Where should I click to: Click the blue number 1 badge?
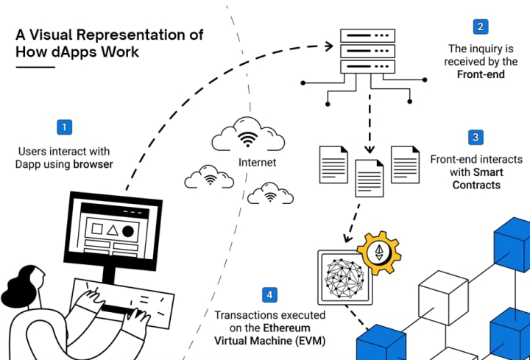point(66,127)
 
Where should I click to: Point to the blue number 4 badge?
point(270,295)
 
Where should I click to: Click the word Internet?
point(258,162)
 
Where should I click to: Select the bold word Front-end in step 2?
point(479,74)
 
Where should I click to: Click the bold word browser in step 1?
point(93,164)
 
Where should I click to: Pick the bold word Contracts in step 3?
point(476,185)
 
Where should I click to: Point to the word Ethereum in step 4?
point(296,328)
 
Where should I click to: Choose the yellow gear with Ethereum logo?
point(380,254)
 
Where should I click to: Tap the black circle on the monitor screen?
point(128,231)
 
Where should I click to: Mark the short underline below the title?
point(35,67)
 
